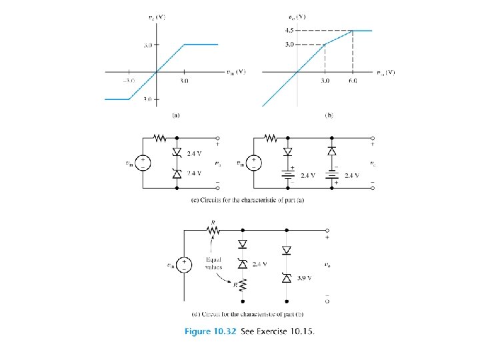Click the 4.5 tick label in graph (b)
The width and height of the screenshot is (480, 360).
pyautogui.click(x=289, y=30)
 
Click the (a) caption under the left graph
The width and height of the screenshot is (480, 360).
pyautogui.click(x=175, y=115)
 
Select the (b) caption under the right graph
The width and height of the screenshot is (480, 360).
pyautogui.click(x=329, y=115)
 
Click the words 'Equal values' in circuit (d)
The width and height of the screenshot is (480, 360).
pyautogui.click(x=213, y=263)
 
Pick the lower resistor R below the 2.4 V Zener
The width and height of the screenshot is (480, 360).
pyautogui.click(x=242, y=284)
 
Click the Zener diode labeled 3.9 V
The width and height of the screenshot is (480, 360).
pyautogui.click(x=286, y=276)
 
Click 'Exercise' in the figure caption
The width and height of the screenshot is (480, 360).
pyautogui.click(x=273, y=331)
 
